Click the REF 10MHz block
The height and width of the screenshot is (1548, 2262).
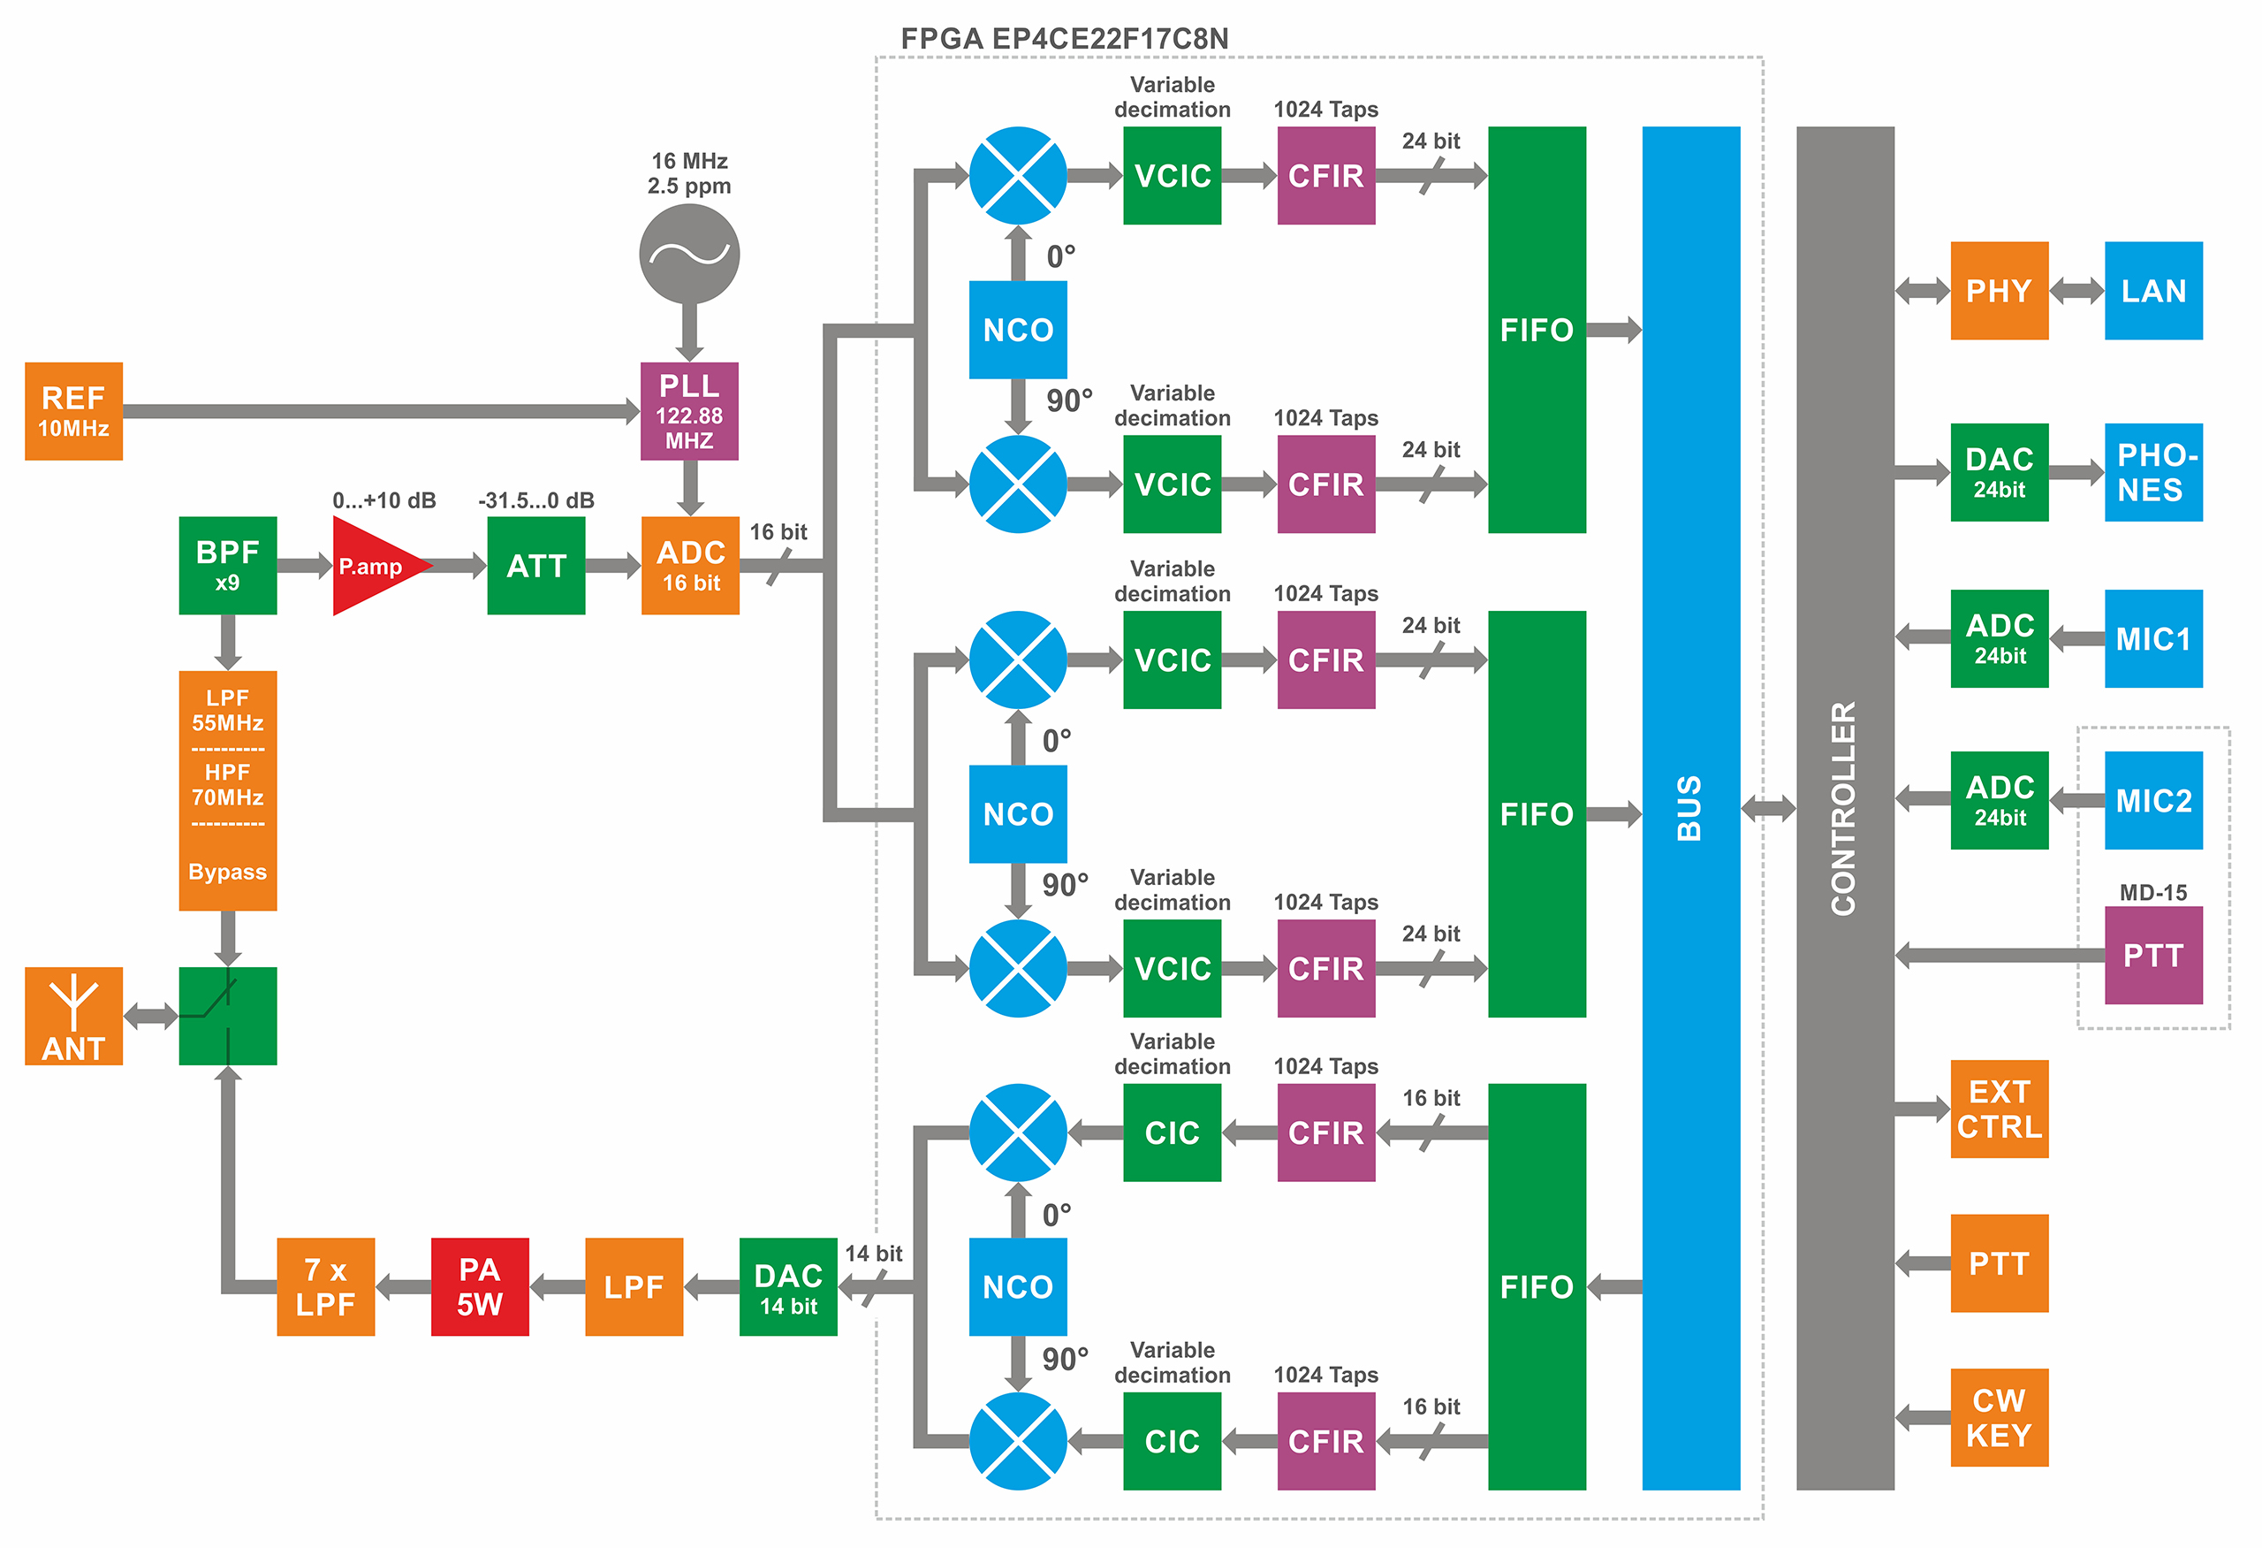point(74,411)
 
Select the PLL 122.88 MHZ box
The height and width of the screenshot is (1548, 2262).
point(689,411)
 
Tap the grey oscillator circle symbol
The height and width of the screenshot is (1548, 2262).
point(689,254)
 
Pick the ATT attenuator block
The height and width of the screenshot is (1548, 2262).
point(536,566)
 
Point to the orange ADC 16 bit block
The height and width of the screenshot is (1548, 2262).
point(690,566)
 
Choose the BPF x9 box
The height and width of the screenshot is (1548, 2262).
point(228,566)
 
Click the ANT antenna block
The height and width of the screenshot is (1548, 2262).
point(74,1016)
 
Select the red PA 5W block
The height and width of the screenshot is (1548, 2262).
point(480,1286)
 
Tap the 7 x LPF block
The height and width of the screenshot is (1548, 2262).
point(326,1286)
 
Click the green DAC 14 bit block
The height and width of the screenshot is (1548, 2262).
point(788,1286)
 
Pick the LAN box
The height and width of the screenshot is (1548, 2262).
point(2153,290)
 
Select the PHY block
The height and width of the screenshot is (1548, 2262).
point(2000,290)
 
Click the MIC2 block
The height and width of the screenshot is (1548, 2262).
point(2153,800)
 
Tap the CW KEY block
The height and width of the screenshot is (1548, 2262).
point(2000,1417)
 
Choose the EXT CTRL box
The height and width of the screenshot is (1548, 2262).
point(2000,1109)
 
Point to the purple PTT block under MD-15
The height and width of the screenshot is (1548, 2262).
point(2153,955)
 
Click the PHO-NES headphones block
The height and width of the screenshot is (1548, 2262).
point(2153,472)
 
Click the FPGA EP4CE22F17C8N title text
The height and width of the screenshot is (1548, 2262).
point(1064,39)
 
